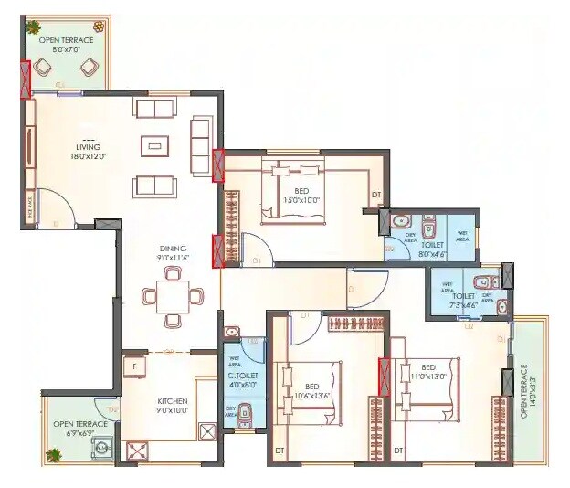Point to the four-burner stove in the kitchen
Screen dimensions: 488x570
point(138,450)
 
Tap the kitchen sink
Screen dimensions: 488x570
point(207,429)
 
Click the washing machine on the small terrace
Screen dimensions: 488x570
point(102,448)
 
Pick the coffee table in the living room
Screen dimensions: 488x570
point(154,146)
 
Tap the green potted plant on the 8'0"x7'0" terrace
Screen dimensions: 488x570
point(33,27)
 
